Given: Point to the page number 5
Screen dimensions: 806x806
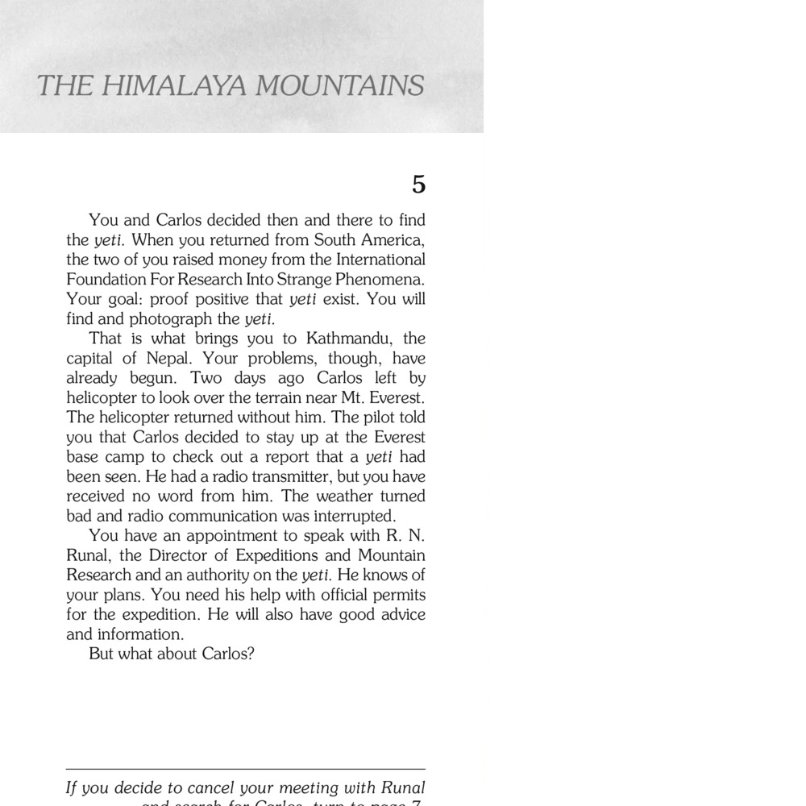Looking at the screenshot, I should click(418, 185).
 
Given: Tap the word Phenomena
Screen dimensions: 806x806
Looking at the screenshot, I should click(380, 280).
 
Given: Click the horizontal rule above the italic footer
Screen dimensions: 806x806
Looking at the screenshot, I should click(245, 769).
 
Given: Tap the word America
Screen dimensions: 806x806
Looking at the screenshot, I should click(392, 240).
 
